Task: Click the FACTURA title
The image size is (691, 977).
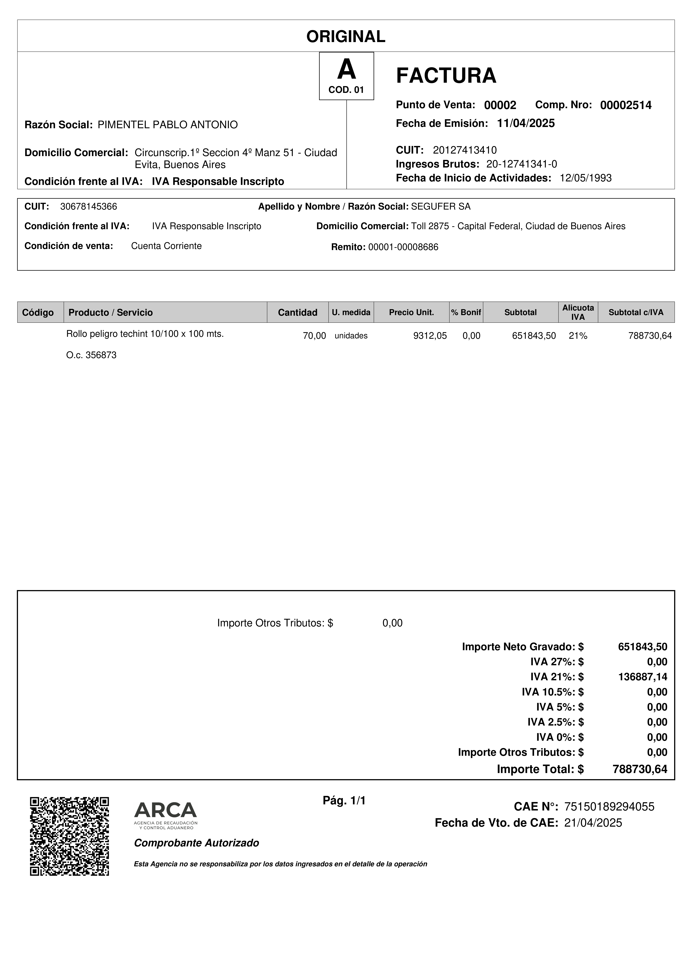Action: click(x=446, y=76)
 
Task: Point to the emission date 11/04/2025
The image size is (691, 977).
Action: click(x=526, y=123)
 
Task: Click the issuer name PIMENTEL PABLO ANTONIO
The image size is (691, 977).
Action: click(x=168, y=125)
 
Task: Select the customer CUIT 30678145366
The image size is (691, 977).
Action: click(x=89, y=207)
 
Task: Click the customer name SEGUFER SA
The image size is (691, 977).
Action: click(x=441, y=207)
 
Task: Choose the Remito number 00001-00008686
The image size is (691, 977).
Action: click(x=403, y=247)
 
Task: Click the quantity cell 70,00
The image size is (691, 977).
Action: click(x=314, y=336)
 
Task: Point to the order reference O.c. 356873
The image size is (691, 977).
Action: click(x=91, y=355)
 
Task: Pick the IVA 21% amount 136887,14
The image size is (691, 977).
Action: click(x=643, y=677)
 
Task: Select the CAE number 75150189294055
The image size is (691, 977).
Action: click(x=609, y=807)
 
